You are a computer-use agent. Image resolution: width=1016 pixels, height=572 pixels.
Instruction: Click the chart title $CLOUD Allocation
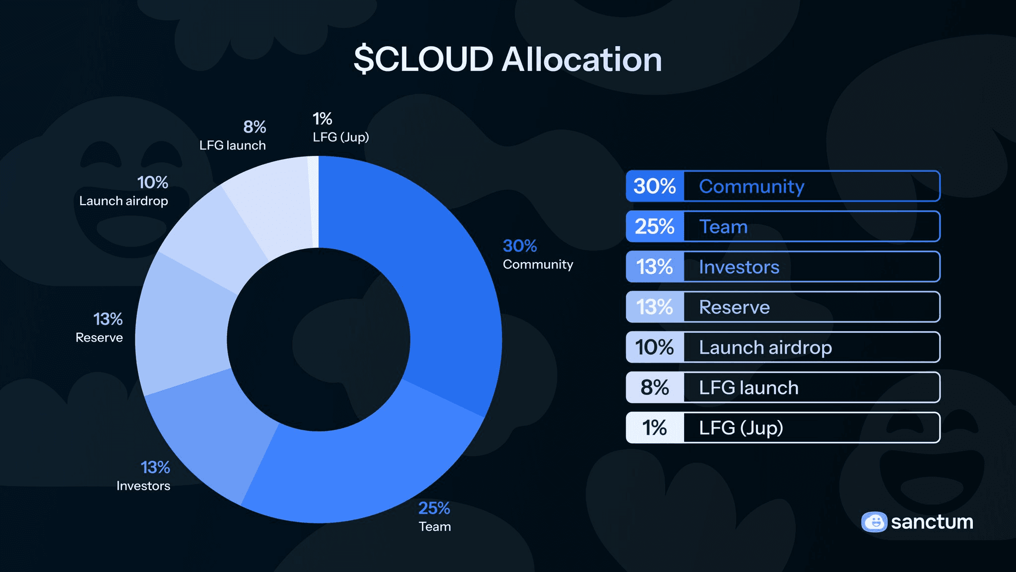click(x=508, y=60)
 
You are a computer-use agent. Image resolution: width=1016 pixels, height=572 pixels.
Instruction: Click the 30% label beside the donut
click(x=520, y=246)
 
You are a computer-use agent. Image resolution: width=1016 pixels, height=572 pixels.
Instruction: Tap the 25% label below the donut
click(x=434, y=508)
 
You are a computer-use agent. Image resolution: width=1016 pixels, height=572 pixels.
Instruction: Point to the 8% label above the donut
click(x=254, y=127)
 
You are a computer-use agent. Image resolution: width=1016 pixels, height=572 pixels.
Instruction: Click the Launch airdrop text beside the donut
click(x=124, y=201)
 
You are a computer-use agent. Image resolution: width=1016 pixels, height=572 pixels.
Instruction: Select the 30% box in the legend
click(x=655, y=186)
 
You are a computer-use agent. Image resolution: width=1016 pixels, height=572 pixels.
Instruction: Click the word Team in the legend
click(x=723, y=227)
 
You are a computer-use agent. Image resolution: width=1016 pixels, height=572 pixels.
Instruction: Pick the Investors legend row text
click(x=739, y=267)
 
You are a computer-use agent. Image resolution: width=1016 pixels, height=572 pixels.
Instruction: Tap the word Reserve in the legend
click(x=734, y=307)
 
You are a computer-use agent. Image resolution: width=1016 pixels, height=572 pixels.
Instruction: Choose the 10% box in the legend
click(x=655, y=348)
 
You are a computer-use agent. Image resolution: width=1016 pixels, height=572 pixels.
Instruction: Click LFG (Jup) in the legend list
click(x=741, y=428)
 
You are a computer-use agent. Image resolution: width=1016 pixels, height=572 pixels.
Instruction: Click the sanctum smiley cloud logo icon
click(x=874, y=522)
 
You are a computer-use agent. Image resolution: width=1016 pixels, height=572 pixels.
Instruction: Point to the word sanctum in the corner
click(x=932, y=522)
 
